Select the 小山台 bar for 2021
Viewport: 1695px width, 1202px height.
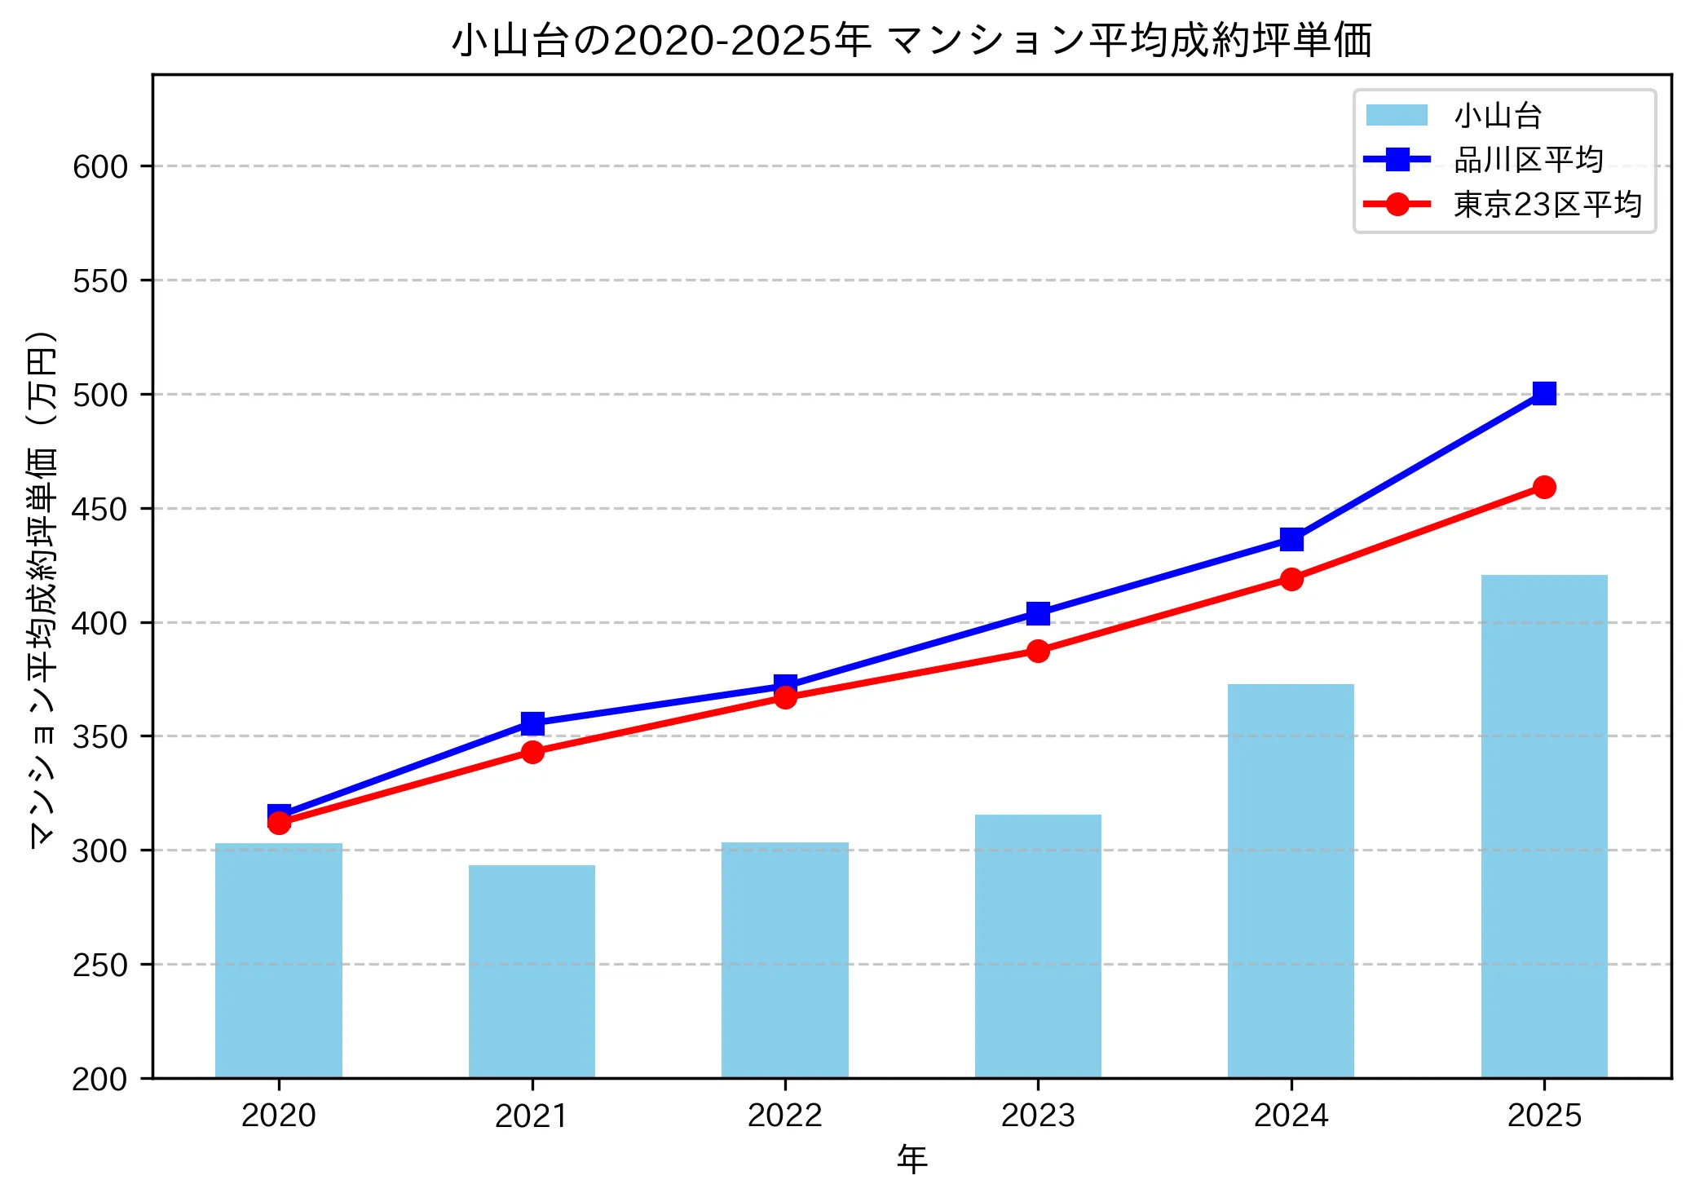pos(532,971)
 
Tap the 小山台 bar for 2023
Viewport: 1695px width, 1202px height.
pos(1038,946)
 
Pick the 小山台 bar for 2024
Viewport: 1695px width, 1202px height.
pos(1291,881)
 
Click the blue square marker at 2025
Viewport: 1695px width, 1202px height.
pos(1543,394)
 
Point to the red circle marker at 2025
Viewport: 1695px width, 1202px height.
pos(1543,488)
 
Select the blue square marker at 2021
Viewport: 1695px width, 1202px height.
pos(532,723)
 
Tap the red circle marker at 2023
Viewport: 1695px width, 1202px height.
pos(1038,651)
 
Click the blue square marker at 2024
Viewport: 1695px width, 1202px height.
pos(1291,540)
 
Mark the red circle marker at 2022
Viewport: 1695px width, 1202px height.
pos(785,697)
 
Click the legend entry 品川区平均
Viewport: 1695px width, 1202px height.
pos(1528,160)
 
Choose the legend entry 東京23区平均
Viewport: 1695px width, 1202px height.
pos(1547,204)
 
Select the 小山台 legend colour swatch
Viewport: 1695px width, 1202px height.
pos(1397,116)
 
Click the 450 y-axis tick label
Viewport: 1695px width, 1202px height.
pos(100,509)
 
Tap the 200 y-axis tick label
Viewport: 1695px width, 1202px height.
pos(100,1079)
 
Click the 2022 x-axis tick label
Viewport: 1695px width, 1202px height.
pos(785,1115)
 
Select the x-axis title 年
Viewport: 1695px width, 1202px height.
pos(912,1159)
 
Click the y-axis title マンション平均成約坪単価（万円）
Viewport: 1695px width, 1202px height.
pos(42,589)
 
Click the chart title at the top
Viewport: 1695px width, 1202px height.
pos(912,40)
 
